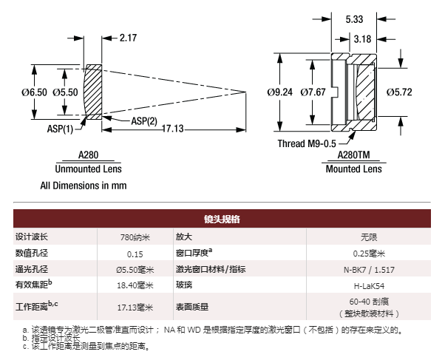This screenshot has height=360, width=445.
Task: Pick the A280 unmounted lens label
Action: click(x=87, y=156)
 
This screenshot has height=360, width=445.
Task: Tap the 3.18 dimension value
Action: click(x=363, y=38)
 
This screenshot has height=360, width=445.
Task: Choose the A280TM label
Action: click(x=354, y=156)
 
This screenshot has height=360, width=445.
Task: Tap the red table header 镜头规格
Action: click(x=222, y=220)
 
